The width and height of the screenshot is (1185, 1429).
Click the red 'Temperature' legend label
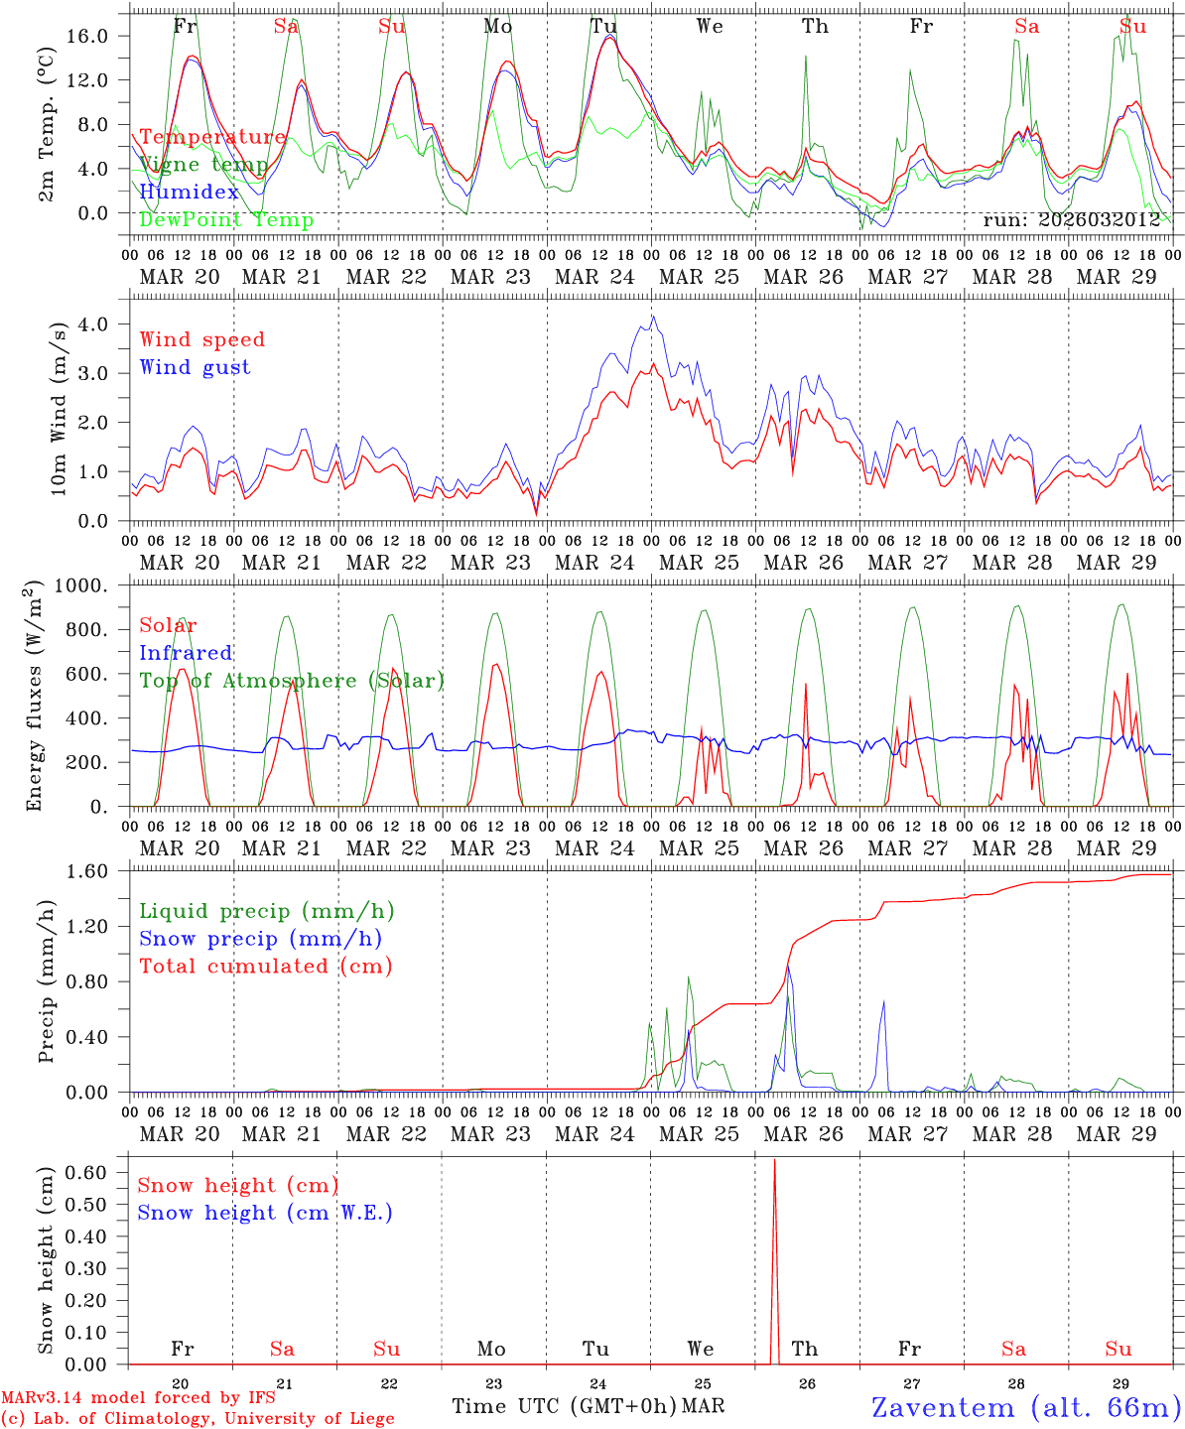212,137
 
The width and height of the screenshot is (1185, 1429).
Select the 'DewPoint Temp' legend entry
226,219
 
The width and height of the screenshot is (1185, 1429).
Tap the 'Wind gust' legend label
195,367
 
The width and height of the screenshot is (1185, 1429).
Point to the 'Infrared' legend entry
186,653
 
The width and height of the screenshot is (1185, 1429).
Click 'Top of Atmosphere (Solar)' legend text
292,681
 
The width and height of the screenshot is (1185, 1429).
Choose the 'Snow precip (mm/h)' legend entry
260,939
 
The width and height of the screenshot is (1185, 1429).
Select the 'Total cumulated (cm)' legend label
265,966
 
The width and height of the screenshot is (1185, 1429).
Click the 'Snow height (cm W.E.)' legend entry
264,1213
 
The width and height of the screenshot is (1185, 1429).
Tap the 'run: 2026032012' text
1071,219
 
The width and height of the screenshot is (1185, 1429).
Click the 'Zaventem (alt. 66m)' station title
1026,1407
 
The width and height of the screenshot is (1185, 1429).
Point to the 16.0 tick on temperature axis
100,36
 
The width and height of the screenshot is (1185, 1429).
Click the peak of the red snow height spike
775,1159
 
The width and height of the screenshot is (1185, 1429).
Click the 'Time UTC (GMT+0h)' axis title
564,1406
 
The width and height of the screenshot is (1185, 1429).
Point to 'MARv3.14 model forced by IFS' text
138,1397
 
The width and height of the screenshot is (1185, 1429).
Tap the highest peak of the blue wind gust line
652,317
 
